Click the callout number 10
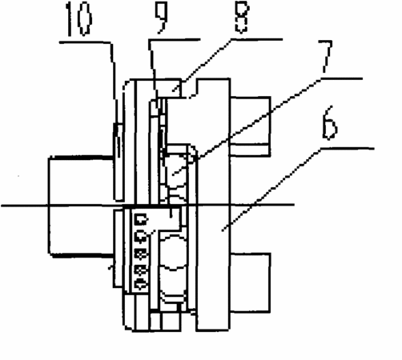pyautogui.click(x=79, y=18)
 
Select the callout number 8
pyautogui.click(x=242, y=17)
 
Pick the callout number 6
pyautogui.click(x=330, y=122)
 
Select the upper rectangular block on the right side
pyautogui.click(x=250, y=126)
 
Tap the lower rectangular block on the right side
pyautogui.click(x=250, y=282)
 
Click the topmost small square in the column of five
pyautogui.click(x=141, y=220)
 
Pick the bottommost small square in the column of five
pyautogui.click(x=141, y=284)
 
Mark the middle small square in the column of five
pyautogui.click(x=141, y=253)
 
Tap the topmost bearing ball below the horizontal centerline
pyautogui.click(x=174, y=253)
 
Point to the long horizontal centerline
pyautogui.click(x=147, y=206)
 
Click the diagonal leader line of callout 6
pyautogui.click(x=271, y=190)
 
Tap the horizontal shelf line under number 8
pyautogui.click(x=257, y=39)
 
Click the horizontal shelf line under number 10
pyautogui.click(x=85, y=42)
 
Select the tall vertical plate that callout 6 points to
pyautogui.click(x=213, y=205)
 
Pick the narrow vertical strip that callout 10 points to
pyautogui.click(x=119, y=162)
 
